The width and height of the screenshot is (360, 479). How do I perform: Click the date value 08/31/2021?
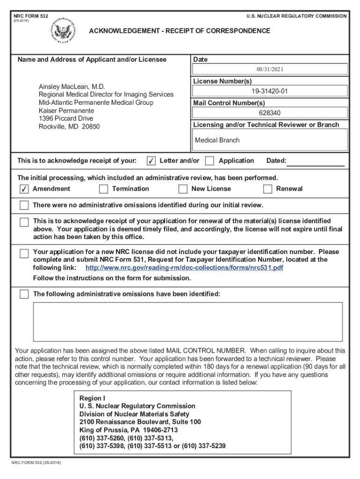pyautogui.click(x=270, y=69)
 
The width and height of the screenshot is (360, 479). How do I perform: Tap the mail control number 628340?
pyautogui.click(x=270, y=113)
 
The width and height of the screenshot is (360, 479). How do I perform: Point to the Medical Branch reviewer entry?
pyautogui.click(x=217, y=140)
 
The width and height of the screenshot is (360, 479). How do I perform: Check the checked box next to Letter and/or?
pyautogui.click(x=151, y=161)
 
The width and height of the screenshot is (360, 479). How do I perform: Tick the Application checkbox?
pyautogui.click(x=210, y=161)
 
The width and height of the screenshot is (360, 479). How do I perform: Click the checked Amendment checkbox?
pyautogui.click(x=24, y=189)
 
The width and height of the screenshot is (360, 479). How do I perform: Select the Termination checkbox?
pyautogui.click(x=104, y=189)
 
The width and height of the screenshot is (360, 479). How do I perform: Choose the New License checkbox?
pyautogui.click(x=183, y=189)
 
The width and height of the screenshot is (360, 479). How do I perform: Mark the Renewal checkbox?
pyautogui.click(x=267, y=189)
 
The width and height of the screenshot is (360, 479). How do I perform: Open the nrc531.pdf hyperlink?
pyautogui.click(x=184, y=268)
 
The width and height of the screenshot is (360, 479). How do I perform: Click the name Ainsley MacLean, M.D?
pyautogui.click(x=72, y=87)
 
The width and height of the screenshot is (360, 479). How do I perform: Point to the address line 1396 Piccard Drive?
pyautogui.click(x=66, y=118)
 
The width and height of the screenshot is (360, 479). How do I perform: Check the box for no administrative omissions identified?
pyautogui.click(x=24, y=205)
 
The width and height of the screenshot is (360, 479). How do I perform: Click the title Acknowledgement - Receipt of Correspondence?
pyautogui.click(x=180, y=31)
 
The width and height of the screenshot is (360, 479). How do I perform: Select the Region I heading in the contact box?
pyautogui.click(x=93, y=398)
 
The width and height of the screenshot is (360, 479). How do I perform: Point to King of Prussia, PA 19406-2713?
pyautogui.click(x=129, y=430)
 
